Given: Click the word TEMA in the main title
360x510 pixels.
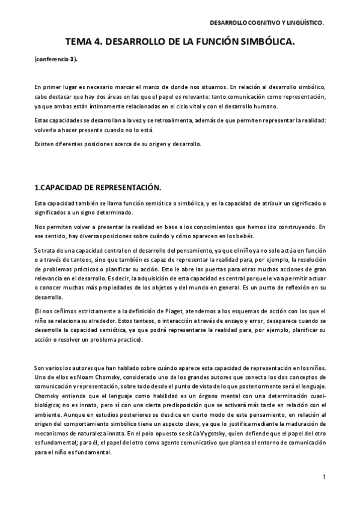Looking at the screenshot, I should pos(81,43).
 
